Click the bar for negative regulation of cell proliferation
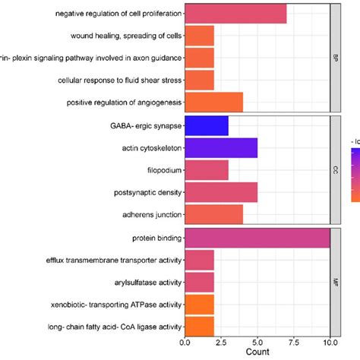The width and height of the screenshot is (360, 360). (235, 14)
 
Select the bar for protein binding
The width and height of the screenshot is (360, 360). (257, 239)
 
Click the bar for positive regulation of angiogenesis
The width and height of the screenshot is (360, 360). (213, 102)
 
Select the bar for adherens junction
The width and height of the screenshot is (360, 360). (213, 214)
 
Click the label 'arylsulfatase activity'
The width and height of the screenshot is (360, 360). (144, 283)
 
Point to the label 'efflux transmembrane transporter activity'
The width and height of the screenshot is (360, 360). (112, 261)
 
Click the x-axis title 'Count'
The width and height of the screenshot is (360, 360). (257, 352)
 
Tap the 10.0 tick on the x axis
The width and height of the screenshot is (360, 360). (330, 341)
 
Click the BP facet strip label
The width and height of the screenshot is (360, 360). (336, 58)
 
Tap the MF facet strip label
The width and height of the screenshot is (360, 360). (336, 283)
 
